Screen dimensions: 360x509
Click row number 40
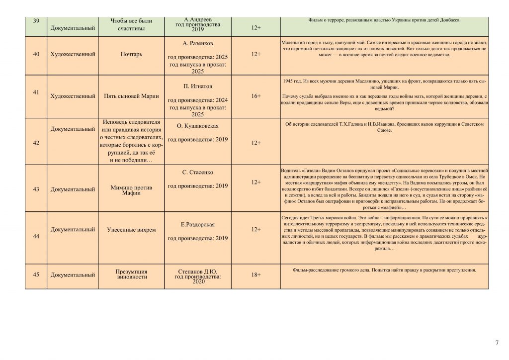pos(36,54)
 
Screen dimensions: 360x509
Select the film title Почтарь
pos(131,54)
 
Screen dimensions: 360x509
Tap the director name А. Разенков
pos(198,43)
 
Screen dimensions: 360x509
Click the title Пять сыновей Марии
pos(131,96)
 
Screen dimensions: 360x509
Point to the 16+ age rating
pos(256,96)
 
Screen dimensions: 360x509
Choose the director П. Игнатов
pos(198,86)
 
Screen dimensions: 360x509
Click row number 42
pos(36,143)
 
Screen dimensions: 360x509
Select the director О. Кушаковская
pos(198,126)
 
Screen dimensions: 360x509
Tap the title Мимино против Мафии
pos(131,190)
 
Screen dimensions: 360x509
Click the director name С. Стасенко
pos(198,173)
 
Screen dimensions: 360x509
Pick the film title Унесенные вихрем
pos(131,230)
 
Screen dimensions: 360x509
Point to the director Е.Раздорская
pos(198,225)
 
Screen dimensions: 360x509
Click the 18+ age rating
pos(256,274)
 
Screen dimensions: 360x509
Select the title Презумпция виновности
pos(131,274)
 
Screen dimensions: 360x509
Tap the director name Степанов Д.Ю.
pos(198,271)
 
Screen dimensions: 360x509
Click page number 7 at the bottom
pos(497,343)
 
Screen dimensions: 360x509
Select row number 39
pos(36,21)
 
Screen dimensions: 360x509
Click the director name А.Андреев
pos(198,19)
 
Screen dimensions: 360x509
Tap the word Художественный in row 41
pos(73,96)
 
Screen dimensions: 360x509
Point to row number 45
pos(36,274)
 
